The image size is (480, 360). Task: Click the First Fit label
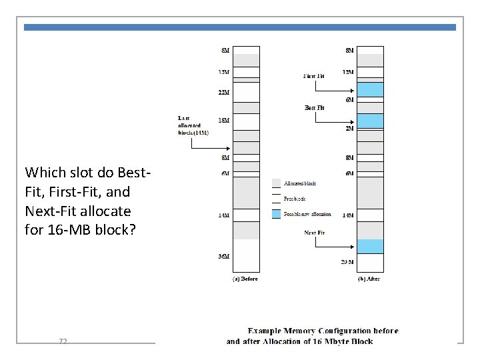pos(314,76)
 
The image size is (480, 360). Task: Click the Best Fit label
pos(315,107)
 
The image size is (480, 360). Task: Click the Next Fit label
pos(315,233)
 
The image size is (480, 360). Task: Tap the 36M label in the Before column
pos(224,257)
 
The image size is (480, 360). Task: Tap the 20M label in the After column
pos(347,261)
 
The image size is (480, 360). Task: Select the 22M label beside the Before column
pos(224,92)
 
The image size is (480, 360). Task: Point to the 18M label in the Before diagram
pos(224,121)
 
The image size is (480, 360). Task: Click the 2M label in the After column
pos(349,128)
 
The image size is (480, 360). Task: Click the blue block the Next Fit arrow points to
pos(371,246)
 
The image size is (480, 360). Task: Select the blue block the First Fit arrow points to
pos(371,89)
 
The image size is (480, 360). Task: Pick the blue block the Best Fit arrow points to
pos(371,121)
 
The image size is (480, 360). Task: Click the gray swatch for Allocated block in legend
pos(277,183)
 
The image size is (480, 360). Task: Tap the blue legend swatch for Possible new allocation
pos(277,214)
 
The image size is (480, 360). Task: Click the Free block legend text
pos(295,199)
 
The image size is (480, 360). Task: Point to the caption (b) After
pos(369,279)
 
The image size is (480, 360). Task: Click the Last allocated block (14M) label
pos(193,125)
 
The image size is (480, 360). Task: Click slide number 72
pos(63,341)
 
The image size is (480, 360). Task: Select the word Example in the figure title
pos(265,330)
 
